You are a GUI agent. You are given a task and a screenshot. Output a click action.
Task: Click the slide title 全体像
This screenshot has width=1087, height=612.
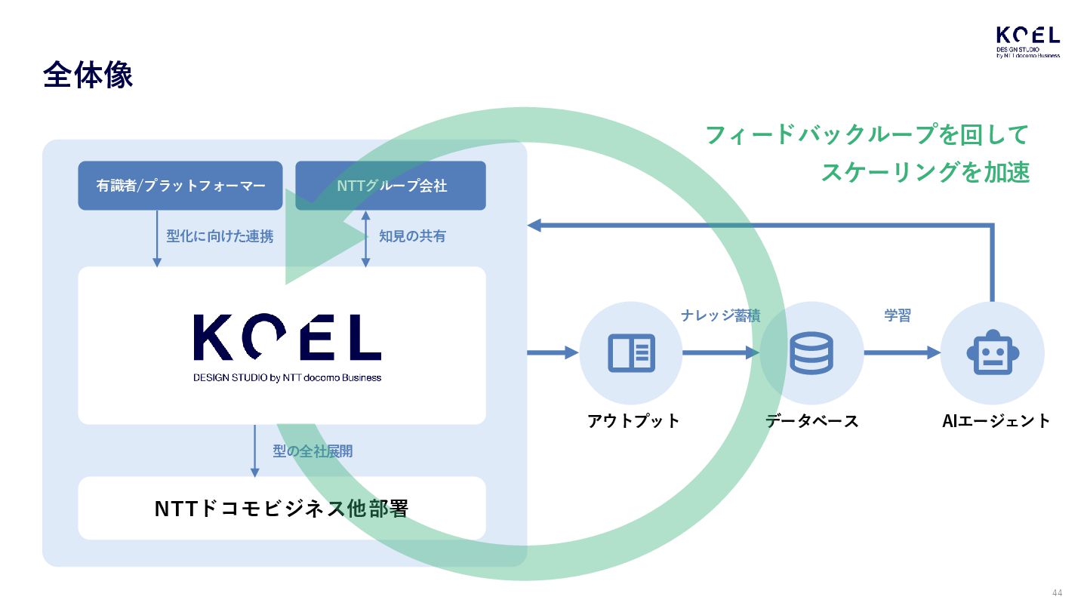pyautogui.click(x=88, y=75)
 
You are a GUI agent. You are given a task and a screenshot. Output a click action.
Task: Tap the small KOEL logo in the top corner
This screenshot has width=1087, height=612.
pyautogui.click(x=1027, y=42)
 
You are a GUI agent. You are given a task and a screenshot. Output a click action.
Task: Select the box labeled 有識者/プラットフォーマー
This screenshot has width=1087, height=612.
pyautogui.click(x=180, y=186)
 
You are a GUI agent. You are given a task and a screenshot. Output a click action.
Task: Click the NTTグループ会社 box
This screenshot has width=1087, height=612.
pyautogui.click(x=391, y=186)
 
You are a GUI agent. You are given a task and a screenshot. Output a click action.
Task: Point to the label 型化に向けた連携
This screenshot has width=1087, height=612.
pyautogui.click(x=220, y=236)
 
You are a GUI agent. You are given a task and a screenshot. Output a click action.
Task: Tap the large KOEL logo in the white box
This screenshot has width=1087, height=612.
pyautogui.click(x=287, y=337)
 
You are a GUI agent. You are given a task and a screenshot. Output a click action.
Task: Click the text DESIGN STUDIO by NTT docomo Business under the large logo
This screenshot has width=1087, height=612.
pyautogui.click(x=287, y=377)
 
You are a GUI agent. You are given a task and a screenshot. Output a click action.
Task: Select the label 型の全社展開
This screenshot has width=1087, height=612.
pyautogui.click(x=313, y=451)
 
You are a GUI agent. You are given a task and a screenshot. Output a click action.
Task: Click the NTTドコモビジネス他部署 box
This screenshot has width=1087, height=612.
pyautogui.click(x=282, y=509)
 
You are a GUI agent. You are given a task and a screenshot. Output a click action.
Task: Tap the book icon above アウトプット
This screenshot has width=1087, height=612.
pyautogui.click(x=631, y=353)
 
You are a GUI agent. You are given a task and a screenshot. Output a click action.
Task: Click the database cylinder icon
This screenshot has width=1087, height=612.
pyautogui.click(x=811, y=353)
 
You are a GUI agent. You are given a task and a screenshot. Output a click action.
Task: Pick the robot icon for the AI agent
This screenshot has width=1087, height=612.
pyautogui.click(x=993, y=353)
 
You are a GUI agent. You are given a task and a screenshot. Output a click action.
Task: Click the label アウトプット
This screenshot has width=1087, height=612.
pyautogui.click(x=633, y=421)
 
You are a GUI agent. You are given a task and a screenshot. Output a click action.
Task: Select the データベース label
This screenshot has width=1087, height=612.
pyautogui.click(x=812, y=421)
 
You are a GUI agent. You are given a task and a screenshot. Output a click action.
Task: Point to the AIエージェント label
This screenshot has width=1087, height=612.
pyautogui.click(x=996, y=421)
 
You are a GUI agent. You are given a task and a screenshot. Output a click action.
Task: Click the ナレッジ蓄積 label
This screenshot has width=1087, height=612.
pyautogui.click(x=720, y=316)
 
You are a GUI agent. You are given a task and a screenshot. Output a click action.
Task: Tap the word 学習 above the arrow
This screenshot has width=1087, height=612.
pyautogui.click(x=898, y=316)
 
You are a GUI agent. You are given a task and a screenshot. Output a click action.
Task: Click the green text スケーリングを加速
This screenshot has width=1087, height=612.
pyautogui.click(x=925, y=172)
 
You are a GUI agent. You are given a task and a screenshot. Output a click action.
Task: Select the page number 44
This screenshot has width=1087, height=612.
pyautogui.click(x=1057, y=592)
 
